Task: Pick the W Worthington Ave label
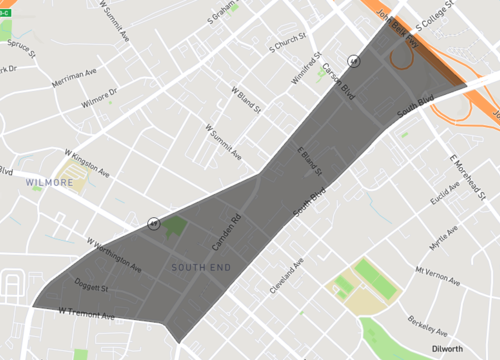tap(115, 256)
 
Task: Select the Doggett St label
tap(91, 287)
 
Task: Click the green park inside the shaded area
tap(174, 226)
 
